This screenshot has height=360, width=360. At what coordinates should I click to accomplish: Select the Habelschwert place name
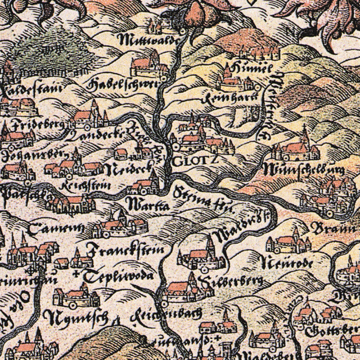pos(117,85)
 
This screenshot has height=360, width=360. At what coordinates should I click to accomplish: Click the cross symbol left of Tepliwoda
pos(76,274)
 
